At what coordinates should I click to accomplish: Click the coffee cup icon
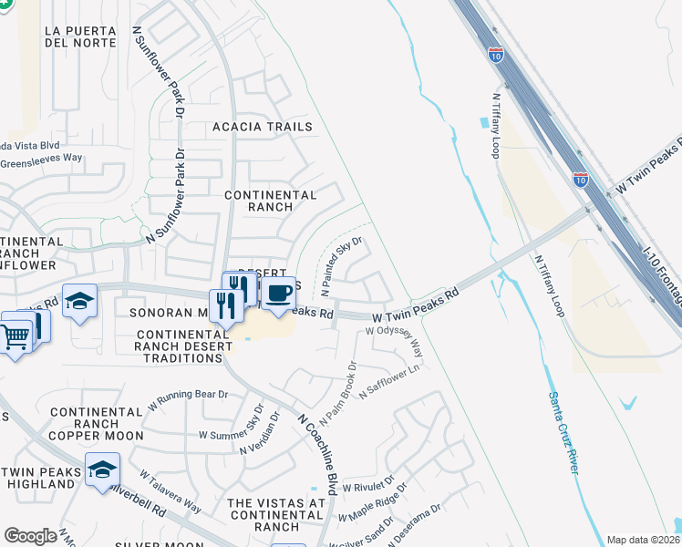click(x=279, y=292)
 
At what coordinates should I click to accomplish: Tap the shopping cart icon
click(x=16, y=337)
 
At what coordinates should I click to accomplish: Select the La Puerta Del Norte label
click(x=80, y=36)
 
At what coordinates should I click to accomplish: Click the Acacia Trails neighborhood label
click(x=263, y=127)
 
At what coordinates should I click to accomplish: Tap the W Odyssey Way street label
click(x=395, y=342)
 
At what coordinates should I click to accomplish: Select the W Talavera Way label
click(x=170, y=491)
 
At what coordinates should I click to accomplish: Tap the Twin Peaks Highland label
click(x=37, y=477)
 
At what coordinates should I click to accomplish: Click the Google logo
click(x=30, y=536)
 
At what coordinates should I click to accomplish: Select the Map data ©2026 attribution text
click(x=642, y=540)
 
